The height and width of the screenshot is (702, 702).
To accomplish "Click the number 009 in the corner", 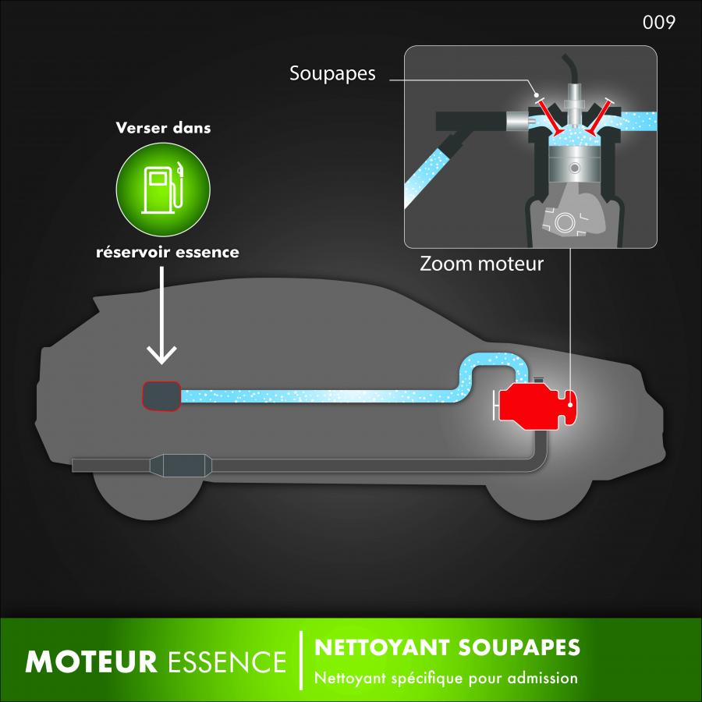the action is point(658,22).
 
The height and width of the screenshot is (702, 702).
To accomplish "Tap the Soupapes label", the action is point(332,73).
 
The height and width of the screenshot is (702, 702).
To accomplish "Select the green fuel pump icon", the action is point(163,190).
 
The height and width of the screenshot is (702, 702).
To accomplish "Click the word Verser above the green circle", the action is point(141,128).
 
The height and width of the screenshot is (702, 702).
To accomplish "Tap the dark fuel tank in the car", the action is point(161,395).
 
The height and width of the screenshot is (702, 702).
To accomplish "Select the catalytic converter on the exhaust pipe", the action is point(181,466).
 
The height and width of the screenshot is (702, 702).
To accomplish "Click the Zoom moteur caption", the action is point(481,264).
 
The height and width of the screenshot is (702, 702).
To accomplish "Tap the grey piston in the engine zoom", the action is point(574,165).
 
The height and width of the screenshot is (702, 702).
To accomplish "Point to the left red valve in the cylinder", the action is point(550,117).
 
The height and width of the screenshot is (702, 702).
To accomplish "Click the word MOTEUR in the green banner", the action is point(91,661).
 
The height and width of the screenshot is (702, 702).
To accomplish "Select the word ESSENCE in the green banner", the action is point(227,661).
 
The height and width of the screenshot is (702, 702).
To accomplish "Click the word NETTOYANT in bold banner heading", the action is point(382,647).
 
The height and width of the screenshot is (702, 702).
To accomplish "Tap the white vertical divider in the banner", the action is point(301,661).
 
